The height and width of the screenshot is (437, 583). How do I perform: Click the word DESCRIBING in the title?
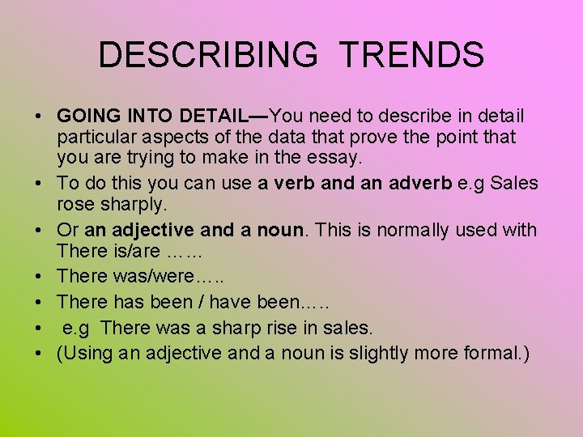pos(208,55)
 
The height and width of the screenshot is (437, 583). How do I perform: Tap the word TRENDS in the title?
pos(412,55)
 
